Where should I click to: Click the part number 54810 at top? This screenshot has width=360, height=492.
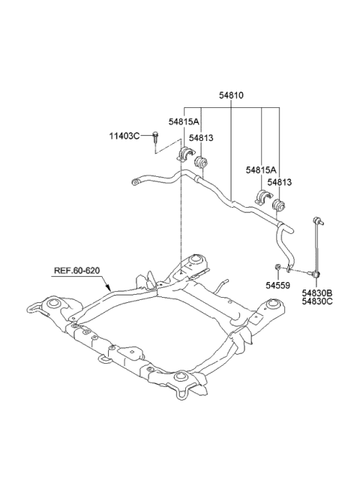[231, 95]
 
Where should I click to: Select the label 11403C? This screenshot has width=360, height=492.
[124, 136]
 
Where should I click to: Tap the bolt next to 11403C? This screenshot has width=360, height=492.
[155, 137]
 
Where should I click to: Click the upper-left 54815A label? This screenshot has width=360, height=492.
[184, 121]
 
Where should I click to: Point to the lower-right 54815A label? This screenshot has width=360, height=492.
[261, 170]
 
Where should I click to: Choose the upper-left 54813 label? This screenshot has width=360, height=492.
[201, 138]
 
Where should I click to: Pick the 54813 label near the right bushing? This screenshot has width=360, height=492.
[279, 182]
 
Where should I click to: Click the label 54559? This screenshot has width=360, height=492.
[278, 286]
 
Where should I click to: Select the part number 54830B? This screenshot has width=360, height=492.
[317, 293]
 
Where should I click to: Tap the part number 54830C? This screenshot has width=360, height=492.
[317, 301]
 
